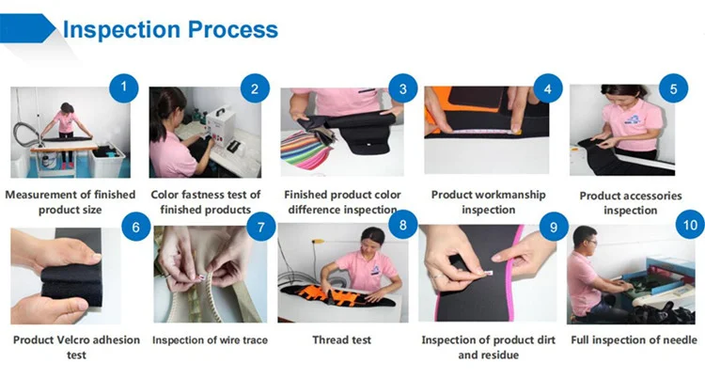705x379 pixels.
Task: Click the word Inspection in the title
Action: [x=121, y=30]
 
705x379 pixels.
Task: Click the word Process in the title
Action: [x=233, y=29]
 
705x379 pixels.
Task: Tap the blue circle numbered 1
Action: [x=124, y=87]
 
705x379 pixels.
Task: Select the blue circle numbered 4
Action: [x=548, y=88]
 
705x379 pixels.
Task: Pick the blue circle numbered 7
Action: [x=260, y=227]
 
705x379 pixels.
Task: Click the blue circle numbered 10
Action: [x=690, y=225]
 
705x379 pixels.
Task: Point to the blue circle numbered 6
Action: [x=135, y=227]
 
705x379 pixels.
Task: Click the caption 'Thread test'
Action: [x=342, y=340]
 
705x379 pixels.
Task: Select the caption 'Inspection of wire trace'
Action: [x=210, y=340]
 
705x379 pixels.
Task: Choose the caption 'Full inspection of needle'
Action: [x=634, y=340]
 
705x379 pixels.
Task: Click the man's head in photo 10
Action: [x=585, y=238]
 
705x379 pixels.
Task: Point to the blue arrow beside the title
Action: [x=28, y=28]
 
